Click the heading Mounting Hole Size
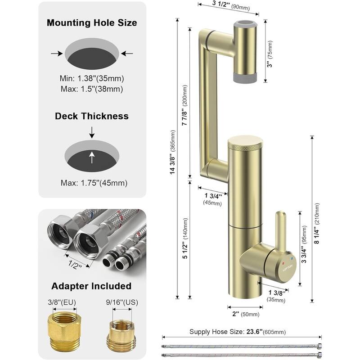click(92, 22)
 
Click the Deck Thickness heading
click(92, 116)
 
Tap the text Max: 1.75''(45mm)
click(92, 183)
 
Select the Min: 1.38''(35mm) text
click(92, 77)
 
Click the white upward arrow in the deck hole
click(92, 157)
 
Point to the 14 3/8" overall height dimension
click(173, 161)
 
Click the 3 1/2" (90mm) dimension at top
click(227, 6)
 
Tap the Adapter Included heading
click(92, 286)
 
